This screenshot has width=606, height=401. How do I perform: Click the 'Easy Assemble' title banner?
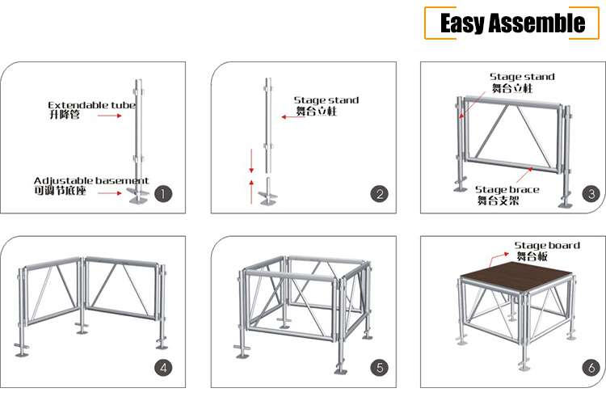[x=512, y=23]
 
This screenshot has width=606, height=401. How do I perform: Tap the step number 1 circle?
[x=164, y=194]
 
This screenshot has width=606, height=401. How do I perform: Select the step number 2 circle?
[x=379, y=194]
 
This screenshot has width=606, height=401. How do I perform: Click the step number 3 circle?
[x=591, y=194]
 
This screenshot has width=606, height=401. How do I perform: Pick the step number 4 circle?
[x=164, y=368]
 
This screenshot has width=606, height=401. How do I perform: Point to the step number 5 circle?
[x=379, y=368]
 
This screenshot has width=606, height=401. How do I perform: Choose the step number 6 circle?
[x=591, y=368]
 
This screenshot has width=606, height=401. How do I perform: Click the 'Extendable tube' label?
[x=91, y=105]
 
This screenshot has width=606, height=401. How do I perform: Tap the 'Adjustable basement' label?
[x=90, y=180]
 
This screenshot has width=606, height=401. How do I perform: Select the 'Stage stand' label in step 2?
[x=326, y=100]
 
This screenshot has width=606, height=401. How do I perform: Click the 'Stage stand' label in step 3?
[x=523, y=77]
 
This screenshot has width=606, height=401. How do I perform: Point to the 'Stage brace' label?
[x=507, y=189]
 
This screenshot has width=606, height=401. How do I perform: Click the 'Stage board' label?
[x=547, y=245]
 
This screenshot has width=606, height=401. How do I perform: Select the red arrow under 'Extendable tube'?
[x=109, y=116]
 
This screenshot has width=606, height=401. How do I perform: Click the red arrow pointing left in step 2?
[x=288, y=117]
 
